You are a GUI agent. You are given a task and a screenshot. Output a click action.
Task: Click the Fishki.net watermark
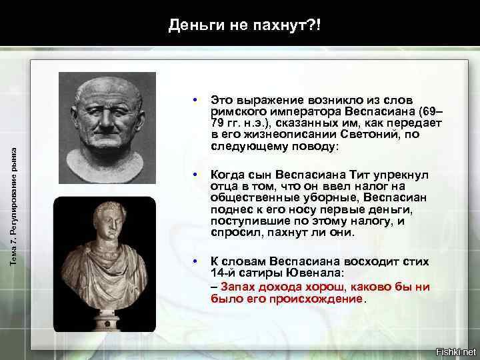tap(455, 351)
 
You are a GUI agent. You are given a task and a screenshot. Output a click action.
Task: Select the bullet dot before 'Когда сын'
tap(194, 175)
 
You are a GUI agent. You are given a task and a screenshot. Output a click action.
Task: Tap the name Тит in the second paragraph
tap(373, 175)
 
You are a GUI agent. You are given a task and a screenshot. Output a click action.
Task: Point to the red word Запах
tap(237, 287)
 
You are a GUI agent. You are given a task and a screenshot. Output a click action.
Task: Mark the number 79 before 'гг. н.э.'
tap(217, 123)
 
